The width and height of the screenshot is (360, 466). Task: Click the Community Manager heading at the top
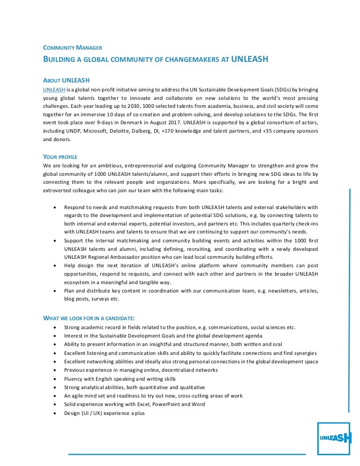[x=73, y=47]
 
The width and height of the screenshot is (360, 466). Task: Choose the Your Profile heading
[x=60, y=157]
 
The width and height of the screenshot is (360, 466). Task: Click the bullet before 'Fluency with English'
[x=56, y=379]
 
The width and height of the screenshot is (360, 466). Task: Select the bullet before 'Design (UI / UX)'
[x=56, y=413]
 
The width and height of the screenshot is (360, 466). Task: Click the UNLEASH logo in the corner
[x=334, y=438]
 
